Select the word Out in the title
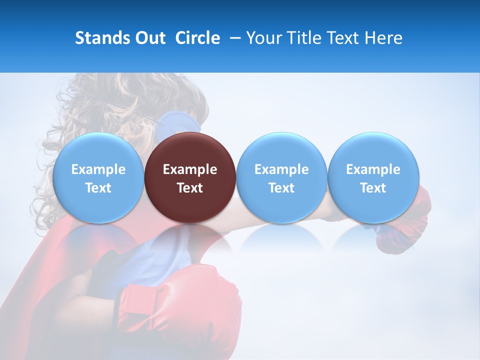pyautogui.click(x=149, y=38)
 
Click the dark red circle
pyautogui.click(x=190, y=177)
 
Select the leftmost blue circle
pyautogui.click(x=98, y=177)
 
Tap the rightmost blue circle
pyautogui.click(x=373, y=177)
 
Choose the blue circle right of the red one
pyautogui.click(x=281, y=177)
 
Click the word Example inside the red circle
pyautogui.click(x=190, y=169)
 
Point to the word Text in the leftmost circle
pyautogui.click(x=98, y=188)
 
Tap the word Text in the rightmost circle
pyautogui.click(x=373, y=188)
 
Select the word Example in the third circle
pyautogui.click(x=281, y=169)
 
